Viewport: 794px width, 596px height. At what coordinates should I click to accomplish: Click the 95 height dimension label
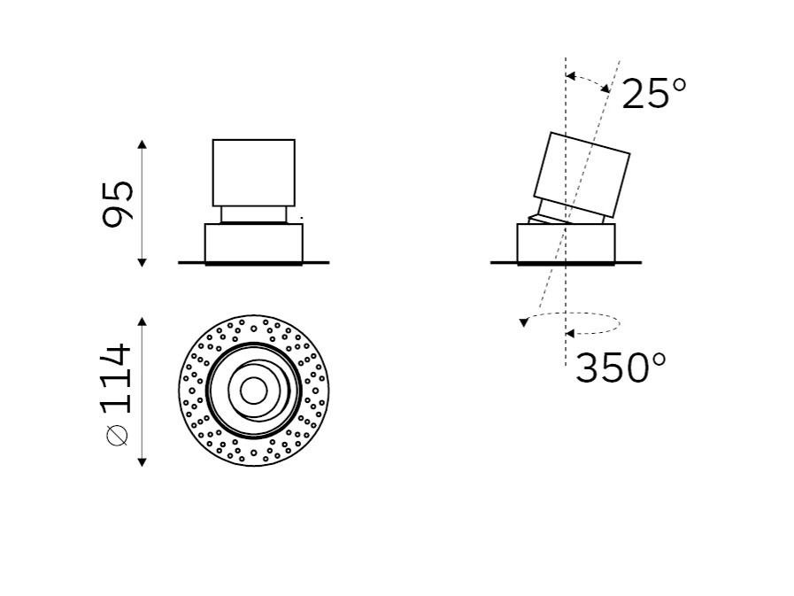point(118,204)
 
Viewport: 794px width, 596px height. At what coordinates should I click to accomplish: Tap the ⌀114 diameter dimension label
point(117,395)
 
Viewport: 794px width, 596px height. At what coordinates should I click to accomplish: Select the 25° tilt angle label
point(654,93)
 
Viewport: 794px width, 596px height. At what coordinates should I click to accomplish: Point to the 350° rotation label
point(621,368)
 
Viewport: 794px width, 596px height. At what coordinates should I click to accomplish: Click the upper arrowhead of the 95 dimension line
point(143,144)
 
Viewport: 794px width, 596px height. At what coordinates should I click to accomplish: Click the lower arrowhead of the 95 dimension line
point(143,262)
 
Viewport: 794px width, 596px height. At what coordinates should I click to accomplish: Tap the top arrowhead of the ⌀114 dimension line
point(143,321)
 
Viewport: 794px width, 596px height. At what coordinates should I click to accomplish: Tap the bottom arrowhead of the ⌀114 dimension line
point(143,461)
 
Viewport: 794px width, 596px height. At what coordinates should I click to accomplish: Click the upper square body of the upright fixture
point(254,173)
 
